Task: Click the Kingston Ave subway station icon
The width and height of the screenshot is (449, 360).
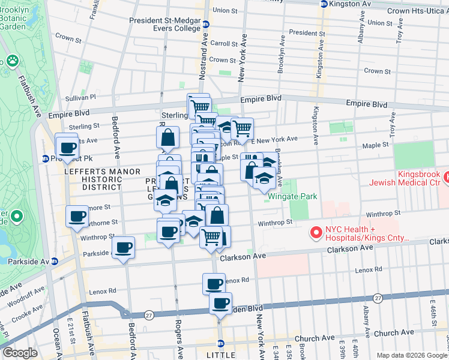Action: tap(325, 4)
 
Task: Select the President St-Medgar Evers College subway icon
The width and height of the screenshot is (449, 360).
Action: tap(206, 25)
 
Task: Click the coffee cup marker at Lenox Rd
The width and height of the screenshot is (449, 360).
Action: tap(214, 284)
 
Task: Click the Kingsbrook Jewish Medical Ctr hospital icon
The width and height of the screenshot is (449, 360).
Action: tap(447, 177)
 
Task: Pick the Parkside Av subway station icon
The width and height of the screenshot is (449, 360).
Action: tap(54, 261)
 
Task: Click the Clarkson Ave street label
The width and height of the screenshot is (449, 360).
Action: tap(243, 257)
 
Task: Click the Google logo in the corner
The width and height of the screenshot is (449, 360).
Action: tap(20, 352)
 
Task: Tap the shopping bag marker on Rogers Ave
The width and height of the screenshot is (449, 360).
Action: tap(168, 137)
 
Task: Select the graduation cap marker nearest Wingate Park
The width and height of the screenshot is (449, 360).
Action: tap(264, 179)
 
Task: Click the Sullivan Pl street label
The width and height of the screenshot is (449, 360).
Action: tap(80, 97)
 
